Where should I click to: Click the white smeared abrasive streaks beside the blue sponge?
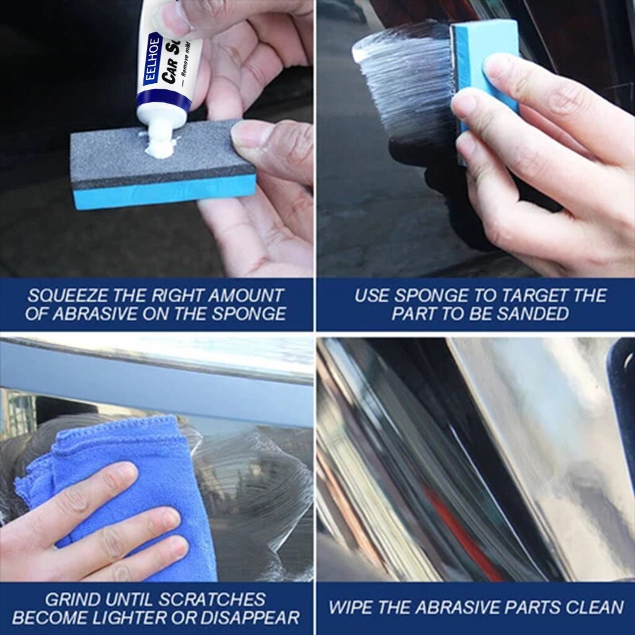pos(403,74)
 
